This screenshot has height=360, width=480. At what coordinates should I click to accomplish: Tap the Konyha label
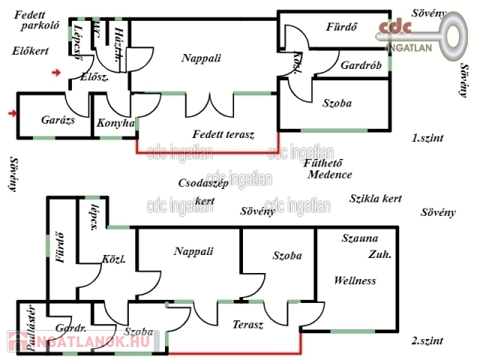click(116, 123)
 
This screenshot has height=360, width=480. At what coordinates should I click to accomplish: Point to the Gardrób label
click(361, 65)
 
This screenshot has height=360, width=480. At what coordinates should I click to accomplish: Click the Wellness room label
click(355, 281)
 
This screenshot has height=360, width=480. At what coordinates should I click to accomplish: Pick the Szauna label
click(360, 238)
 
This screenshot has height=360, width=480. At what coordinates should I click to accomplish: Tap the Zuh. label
click(379, 254)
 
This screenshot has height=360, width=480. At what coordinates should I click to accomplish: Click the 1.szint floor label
click(427, 138)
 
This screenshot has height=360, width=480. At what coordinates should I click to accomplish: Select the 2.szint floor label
click(427, 340)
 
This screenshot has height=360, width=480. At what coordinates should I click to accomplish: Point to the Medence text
click(330, 175)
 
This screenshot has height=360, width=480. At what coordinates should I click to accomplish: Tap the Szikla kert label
click(376, 199)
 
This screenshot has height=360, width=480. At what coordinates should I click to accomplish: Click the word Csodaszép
click(202, 183)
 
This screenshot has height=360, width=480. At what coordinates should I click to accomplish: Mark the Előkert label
click(31, 51)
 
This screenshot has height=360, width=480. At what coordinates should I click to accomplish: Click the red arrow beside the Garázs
click(11, 113)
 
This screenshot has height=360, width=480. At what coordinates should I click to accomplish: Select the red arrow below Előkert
click(56, 73)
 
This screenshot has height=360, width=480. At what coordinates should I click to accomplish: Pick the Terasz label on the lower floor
click(247, 325)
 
